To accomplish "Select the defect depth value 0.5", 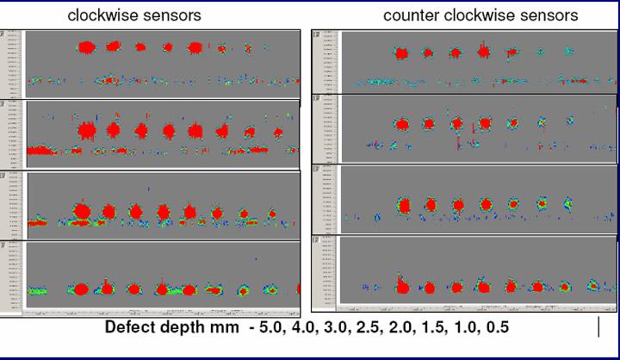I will (492, 328).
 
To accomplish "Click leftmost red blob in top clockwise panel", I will (86, 47).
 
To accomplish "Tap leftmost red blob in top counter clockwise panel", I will (400, 53).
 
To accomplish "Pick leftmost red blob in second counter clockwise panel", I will (400, 124).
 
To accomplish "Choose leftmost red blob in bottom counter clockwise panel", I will (400, 284).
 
